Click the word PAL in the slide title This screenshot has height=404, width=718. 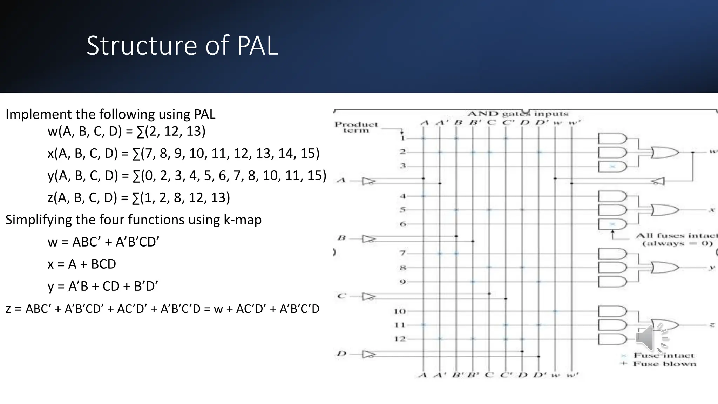257,46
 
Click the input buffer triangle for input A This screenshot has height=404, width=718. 368,181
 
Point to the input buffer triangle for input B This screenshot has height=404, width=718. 368,239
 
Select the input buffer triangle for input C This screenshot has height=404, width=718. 368,297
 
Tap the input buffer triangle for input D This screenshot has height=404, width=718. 368,354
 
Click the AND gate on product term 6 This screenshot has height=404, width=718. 612,224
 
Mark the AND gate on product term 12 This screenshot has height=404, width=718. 612,339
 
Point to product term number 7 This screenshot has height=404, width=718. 402,253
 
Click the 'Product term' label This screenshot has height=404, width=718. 356,127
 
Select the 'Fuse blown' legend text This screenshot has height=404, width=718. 664,364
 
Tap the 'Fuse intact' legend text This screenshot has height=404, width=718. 664,356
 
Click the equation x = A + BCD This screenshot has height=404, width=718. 82,264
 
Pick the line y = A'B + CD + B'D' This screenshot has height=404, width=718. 103,286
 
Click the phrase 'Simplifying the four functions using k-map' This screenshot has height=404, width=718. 133,220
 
